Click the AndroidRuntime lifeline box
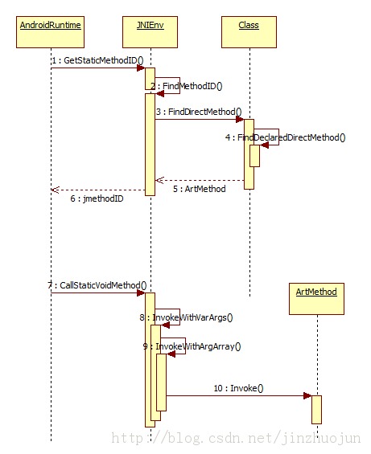click(x=50, y=32)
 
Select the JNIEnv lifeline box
click(x=150, y=32)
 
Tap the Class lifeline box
click(x=249, y=32)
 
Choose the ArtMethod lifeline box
click(x=316, y=299)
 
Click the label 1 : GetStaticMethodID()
click(x=97, y=60)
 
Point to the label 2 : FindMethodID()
click(x=186, y=86)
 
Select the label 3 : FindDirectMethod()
click(x=199, y=112)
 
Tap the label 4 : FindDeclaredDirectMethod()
click(x=286, y=137)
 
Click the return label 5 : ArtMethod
click(x=200, y=189)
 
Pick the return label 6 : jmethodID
click(x=97, y=198)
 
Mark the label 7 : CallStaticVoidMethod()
click(x=97, y=285)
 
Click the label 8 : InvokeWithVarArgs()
click(x=186, y=317)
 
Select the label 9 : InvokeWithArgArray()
click(x=192, y=346)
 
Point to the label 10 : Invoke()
click(x=238, y=388)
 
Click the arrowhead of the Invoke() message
click(x=307, y=396)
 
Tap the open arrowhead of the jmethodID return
click(x=55, y=190)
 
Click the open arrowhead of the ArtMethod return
click(x=159, y=180)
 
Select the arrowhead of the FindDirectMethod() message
click(x=240, y=119)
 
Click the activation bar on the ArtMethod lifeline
click(x=316, y=410)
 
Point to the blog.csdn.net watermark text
click(x=236, y=438)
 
